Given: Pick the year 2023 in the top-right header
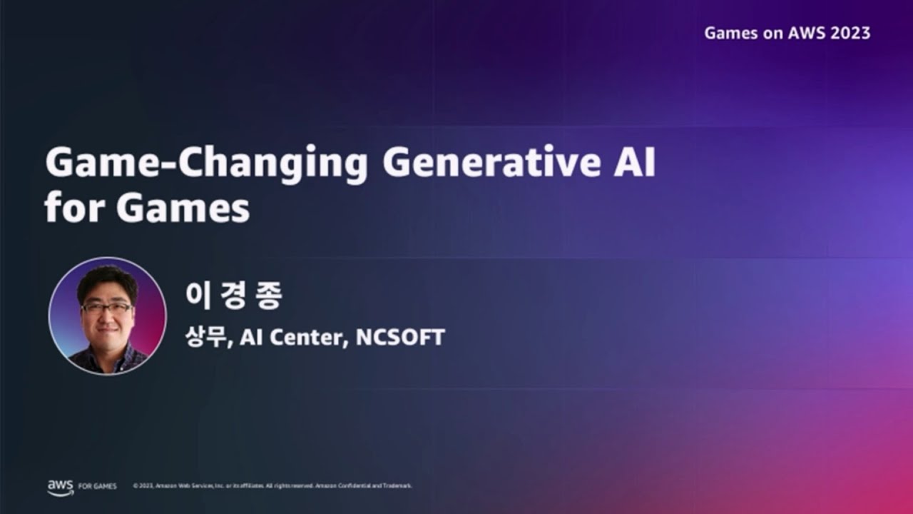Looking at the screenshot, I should (850, 33).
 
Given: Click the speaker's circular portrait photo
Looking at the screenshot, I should (107, 316).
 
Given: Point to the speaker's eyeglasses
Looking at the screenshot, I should (106, 308).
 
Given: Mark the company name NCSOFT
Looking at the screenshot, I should (399, 337).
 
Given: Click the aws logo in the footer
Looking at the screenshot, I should (60, 486).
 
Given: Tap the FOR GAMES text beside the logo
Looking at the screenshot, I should (97, 486).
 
